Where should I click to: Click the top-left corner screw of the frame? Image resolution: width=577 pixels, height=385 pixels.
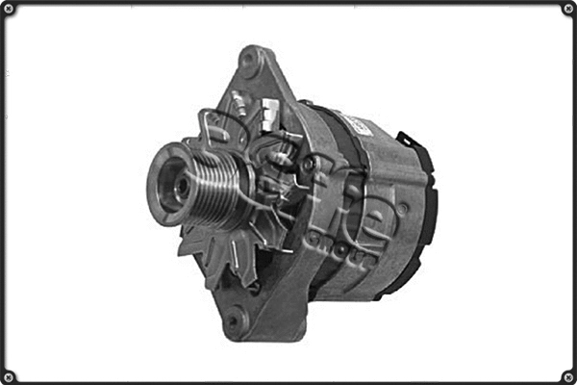9,9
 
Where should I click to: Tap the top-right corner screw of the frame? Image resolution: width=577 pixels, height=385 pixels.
567,9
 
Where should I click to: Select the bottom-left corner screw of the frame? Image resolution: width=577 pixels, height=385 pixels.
9,375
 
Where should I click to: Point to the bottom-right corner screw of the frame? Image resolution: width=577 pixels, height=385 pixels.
567,375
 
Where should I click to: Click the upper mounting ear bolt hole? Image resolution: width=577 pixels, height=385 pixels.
252,63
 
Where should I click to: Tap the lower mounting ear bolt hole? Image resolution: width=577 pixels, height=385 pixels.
234,321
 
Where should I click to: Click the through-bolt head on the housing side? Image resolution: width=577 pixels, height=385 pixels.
401,208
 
